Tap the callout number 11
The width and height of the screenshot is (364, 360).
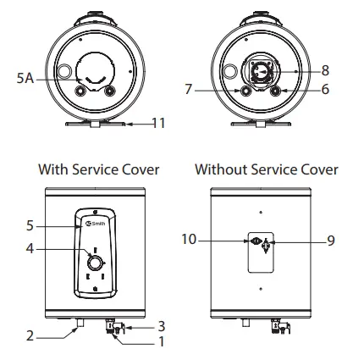click(x=157, y=123)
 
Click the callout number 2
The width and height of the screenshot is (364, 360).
click(x=29, y=335)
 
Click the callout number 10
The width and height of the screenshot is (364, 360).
click(x=188, y=241)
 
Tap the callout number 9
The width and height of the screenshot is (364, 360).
click(x=331, y=241)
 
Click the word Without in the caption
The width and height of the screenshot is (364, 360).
click(x=222, y=169)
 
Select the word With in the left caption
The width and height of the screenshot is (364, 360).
click(x=52, y=169)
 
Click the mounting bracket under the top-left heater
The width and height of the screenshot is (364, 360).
click(x=97, y=124)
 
